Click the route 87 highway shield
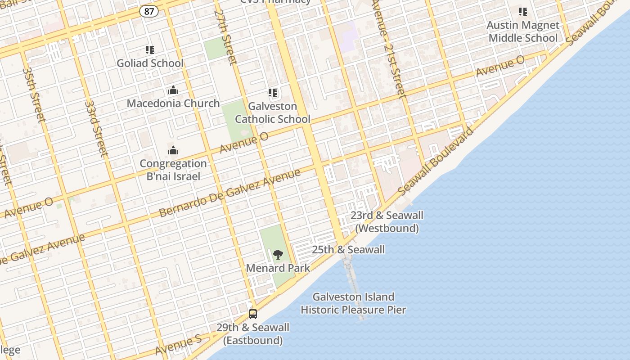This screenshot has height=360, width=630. click(148, 11)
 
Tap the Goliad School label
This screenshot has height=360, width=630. click(150, 63)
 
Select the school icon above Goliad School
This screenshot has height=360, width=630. click(149, 50)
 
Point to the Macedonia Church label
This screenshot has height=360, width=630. click(173, 103)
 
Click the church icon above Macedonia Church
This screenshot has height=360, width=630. click(173, 90)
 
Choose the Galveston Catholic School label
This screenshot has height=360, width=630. click(273, 112)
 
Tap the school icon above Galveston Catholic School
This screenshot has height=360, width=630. click(273, 93)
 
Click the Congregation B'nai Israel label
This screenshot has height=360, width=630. click(173, 170)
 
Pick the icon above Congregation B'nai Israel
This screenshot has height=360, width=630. click(173, 150)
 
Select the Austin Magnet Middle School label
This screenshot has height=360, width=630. click(523, 31)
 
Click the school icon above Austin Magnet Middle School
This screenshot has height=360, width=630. click(522, 12)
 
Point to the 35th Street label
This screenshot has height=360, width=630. click(33, 94)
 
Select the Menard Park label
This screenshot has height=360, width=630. click(278, 268)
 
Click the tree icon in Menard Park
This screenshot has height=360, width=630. click(278, 255)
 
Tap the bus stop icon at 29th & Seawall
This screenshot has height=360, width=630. click(253, 314)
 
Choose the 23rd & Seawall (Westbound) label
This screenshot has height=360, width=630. click(387, 222)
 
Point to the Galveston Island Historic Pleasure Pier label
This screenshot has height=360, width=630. click(353, 303)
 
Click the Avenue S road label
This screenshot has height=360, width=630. click(178, 345)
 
